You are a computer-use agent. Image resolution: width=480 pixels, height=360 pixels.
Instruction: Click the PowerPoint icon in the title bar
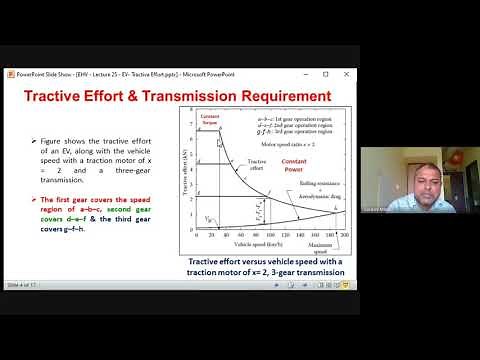[9, 74]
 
